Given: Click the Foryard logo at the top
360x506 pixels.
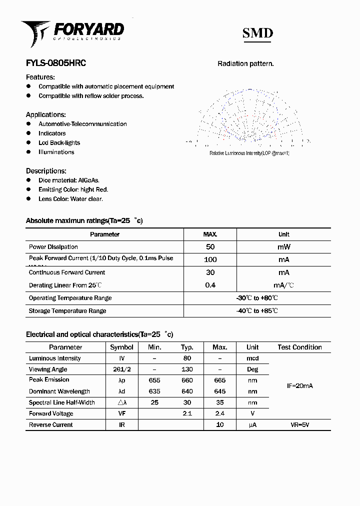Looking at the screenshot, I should (72, 31).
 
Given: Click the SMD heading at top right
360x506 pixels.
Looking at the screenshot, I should (257, 33).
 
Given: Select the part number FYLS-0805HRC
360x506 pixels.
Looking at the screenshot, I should (55, 63).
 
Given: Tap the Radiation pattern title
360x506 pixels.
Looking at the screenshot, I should (245, 63).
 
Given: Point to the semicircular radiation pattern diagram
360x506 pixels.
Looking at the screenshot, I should (248, 117).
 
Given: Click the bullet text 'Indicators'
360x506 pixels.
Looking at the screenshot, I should (52, 133).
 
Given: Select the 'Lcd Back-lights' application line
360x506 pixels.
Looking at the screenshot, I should (59, 143).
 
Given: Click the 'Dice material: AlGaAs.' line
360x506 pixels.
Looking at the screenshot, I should (69, 180).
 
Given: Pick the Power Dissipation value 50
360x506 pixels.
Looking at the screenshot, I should (210, 247).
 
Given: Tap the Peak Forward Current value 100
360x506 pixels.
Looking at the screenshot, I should (210, 259).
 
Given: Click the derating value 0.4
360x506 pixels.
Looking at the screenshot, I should (210, 285).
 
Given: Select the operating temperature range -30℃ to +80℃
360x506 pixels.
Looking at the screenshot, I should (257, 298).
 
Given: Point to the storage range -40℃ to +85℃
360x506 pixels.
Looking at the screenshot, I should (257, 311).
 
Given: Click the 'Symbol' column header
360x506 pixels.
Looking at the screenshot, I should (121, 347).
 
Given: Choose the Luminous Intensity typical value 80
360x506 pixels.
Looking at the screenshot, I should (187, 358).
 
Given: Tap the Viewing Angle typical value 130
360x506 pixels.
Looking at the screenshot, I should (187, 369).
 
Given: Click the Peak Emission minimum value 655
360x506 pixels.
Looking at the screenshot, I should (154, 380).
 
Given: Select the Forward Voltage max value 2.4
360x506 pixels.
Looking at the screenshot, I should (219, 413).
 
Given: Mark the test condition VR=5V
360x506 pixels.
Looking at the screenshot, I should (299, 424).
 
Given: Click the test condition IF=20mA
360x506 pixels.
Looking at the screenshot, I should (299, 386).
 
